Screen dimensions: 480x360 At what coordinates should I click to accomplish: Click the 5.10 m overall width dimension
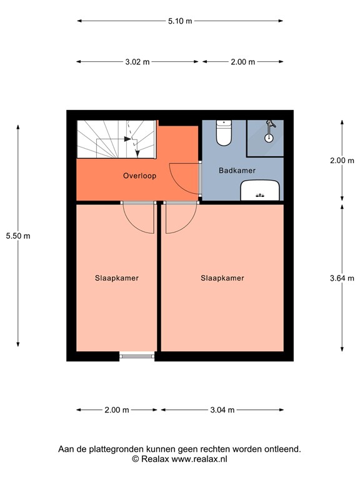[x=180, y=21]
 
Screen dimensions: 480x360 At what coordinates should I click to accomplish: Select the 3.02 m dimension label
[x=137, y=62]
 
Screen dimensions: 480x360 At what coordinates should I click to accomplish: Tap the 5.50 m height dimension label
[x=17, y=236]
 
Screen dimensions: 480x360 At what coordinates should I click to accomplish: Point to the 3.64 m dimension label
[x=342, y=278]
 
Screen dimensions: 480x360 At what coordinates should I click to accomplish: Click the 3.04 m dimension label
[x=222, y=410]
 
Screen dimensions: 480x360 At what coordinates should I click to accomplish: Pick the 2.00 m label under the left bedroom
[x=116, y=410]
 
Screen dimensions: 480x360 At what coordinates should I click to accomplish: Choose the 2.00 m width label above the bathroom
[x=242, y=62]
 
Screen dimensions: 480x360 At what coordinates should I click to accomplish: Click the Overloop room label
[x=139, y=176]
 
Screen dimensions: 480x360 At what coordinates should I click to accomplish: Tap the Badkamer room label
[x=237, y=170]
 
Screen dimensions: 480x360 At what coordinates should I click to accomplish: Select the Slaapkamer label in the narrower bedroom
[x=117, y=278]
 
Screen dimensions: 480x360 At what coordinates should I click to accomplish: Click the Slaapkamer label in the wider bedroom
[x=222, y=278]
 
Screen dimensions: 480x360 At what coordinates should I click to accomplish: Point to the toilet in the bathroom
[x=224, y=132]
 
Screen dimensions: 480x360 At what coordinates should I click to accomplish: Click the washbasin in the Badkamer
[x=261, y=190]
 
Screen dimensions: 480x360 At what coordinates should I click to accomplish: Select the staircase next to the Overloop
[x=116, y=139]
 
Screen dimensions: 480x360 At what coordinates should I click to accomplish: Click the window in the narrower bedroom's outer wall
[x=137, y=356]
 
